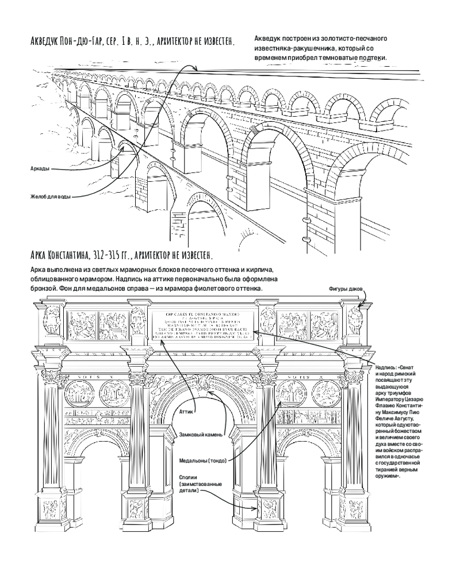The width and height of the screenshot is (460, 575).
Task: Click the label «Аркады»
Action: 39,168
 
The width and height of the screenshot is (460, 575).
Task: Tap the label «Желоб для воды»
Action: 51,197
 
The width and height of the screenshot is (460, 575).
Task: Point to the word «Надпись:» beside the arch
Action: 386,366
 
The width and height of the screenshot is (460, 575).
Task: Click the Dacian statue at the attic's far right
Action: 354,320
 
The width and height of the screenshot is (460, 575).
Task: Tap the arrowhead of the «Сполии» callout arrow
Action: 256,508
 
